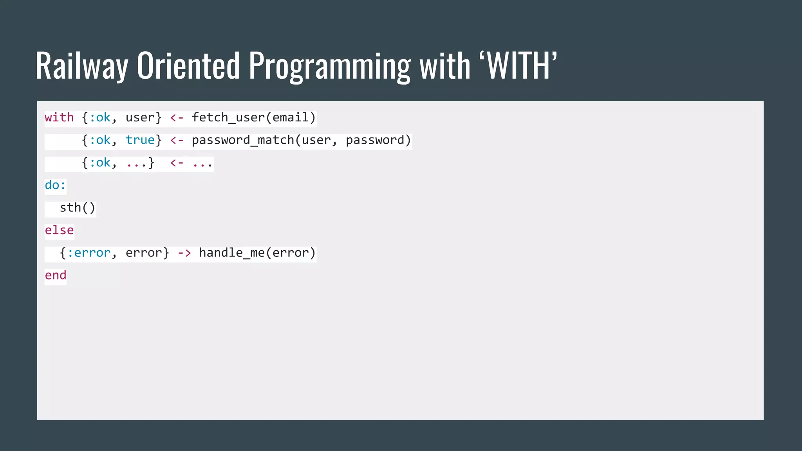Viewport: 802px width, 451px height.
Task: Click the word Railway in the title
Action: (82, 66)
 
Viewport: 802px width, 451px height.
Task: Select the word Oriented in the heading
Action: (188, 66)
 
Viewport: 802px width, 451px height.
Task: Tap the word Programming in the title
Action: (330, 66)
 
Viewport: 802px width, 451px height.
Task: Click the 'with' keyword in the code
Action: (59, 117)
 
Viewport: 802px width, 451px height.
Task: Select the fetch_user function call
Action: (253, 117)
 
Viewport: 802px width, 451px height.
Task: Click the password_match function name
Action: (243, 140)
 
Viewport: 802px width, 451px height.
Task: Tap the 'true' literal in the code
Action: (140, 140)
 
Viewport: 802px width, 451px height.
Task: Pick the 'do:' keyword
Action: (55, 185)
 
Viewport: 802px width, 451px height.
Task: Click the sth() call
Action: (77, 208)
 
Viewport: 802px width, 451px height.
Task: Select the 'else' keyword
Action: (59, 230)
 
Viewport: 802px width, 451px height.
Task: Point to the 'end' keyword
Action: (56, 275)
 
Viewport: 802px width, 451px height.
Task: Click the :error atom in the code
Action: (89, 253)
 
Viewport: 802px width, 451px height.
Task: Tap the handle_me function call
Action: (257, 253)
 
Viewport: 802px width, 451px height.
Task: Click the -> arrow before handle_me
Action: (184, 253)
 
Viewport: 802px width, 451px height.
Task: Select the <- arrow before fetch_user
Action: (177, 117)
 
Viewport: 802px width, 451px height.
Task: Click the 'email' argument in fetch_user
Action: (291, 117)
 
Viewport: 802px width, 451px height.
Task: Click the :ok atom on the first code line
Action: (100, 117)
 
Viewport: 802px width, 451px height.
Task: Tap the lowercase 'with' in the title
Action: (445, 66)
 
